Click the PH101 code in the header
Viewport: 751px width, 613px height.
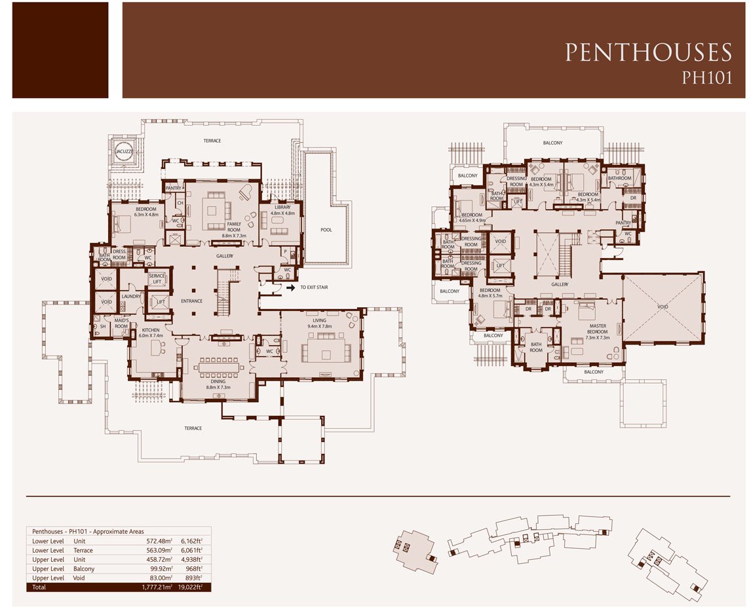click(706, 77)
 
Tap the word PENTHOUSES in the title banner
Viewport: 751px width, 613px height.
click(648, 52)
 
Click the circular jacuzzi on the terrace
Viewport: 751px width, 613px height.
click(123, 151)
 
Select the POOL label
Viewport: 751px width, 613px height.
click(326, 230)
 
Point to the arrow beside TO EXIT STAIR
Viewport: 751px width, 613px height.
click(290, 287)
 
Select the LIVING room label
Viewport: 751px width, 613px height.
click(319, 321)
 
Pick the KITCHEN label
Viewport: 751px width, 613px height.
click(150, 331)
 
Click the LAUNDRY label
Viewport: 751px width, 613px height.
click(131, 296)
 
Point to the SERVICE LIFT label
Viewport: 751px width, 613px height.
click(157, 278)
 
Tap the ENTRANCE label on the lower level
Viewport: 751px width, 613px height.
click(192, 301)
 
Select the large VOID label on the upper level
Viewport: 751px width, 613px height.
click(663, 306)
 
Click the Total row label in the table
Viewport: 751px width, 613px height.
click(40, 587)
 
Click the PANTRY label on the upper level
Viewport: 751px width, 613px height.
click(623, 223)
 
